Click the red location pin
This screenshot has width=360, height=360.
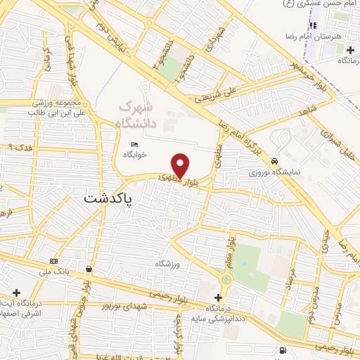tap(181, 164)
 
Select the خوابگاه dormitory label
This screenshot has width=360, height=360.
tap(134, 154)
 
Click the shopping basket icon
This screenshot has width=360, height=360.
tap(89, 269)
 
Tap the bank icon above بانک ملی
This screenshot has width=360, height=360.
tap(54, 262)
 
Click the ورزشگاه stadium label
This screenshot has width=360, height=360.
tap(168, 263)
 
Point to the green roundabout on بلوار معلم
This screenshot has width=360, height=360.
tap(226, 280)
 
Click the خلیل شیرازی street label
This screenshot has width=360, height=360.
tap(335, 145)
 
